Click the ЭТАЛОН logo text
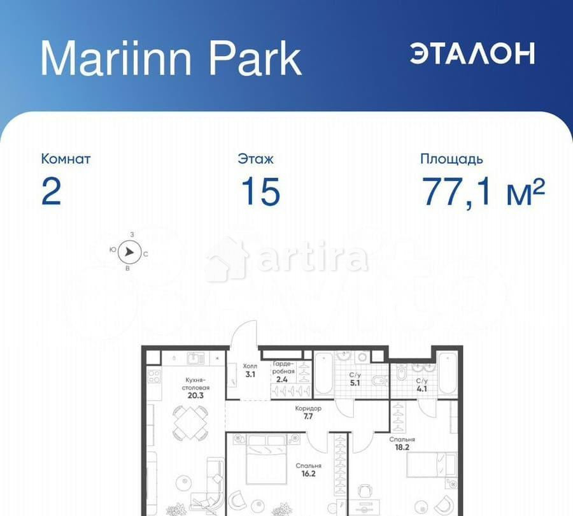tap(472, 54)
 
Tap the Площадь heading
tap(451, 159)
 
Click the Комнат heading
tap(66, 159)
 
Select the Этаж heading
tap(255, 159)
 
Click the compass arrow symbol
tap(130, 252)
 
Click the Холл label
tap(249, 366)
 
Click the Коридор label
tap(308, 408)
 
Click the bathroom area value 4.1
tap(422, 390)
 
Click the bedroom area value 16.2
tap(308, 474)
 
